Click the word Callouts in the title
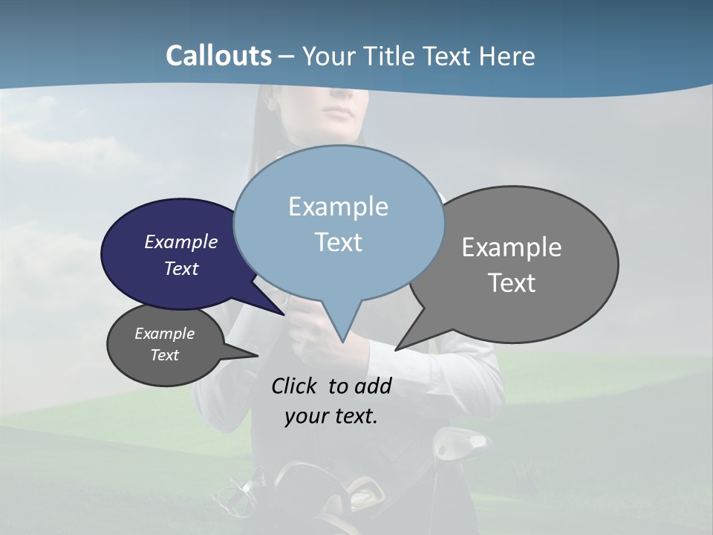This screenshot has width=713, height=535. (x=218, y=56)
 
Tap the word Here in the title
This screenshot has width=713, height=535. (x=507, y=56)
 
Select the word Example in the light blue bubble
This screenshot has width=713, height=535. (x=338, y=207)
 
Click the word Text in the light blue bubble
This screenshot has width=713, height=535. (x=338, y=242)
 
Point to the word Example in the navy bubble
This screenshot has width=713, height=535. (x=181, y=241)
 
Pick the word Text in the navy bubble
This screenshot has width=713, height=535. (x=181, y=268)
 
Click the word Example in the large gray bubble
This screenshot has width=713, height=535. (x=512, y=247)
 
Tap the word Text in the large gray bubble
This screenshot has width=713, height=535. (x=512, y=283)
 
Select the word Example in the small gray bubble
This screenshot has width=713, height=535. (x=164, y=334)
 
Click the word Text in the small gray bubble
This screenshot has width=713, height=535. (x=164, y=355)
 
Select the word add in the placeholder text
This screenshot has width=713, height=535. (x=373, y=386)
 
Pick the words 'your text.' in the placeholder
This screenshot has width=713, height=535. (x=331, y=416)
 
